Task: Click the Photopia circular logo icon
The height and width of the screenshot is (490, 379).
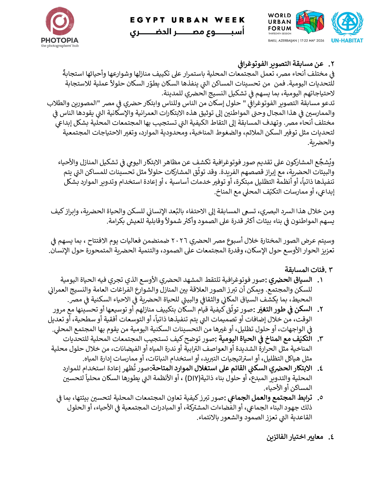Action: pos(60,21)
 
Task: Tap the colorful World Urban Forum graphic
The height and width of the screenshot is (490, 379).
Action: pos(310,21)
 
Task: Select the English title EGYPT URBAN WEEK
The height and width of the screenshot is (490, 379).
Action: pos(187,20)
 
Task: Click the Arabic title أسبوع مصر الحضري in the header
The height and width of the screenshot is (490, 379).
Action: pos(187,31)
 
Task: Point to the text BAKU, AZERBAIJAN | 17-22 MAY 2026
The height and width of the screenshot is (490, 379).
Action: pos(296,41)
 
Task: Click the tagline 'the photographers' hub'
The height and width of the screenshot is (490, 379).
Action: pos(60,46)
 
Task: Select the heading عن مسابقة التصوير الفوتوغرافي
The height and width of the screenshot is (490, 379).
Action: pos(281,64)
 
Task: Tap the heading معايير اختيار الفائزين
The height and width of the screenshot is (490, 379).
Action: pos(295,437)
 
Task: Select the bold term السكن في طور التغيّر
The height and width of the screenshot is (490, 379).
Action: pos(284,309)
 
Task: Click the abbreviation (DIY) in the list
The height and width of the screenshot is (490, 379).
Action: pos(192,378)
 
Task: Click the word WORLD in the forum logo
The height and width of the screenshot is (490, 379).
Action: pos(279,15)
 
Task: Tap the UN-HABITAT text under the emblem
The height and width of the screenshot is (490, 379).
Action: pos(347,41)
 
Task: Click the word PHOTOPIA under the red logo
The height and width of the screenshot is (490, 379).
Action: pos(60,40)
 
